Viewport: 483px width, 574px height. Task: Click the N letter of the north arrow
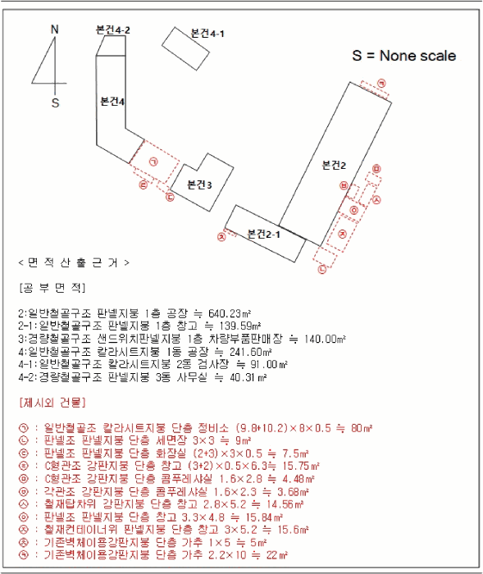55,30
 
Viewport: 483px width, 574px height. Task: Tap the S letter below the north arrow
56,103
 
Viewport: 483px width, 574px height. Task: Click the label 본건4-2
113,30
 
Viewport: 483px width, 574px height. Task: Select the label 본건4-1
207,34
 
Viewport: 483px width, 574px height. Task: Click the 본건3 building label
199,184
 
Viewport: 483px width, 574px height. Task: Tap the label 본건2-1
264,234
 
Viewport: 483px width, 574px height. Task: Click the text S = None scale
404,56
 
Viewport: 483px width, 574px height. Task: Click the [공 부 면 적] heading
52,289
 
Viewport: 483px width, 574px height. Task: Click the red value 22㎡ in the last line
276,555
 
